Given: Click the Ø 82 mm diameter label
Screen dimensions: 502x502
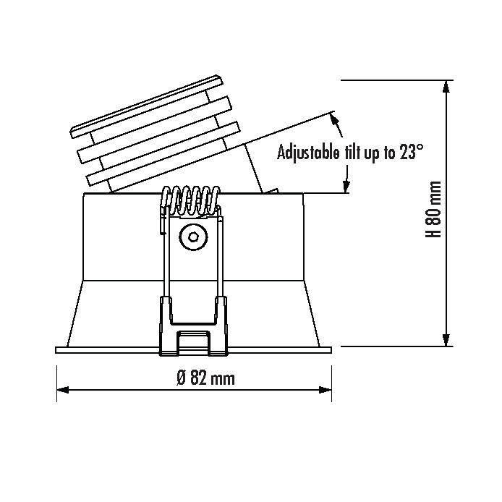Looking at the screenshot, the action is (205, 378).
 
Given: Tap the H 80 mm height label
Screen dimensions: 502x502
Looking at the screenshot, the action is (433, 209).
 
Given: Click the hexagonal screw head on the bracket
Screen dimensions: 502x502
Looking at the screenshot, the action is (193, 237).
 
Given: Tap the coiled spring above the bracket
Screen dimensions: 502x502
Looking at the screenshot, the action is (191, 201).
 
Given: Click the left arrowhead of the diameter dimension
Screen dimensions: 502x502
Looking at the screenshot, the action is (63, 390).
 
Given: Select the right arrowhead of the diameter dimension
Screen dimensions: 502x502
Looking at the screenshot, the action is (326, 390).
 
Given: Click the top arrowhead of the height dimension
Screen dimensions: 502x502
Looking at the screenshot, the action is (446, 87).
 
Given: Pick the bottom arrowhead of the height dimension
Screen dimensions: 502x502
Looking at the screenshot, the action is (446, 340).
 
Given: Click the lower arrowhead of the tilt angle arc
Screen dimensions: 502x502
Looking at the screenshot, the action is (346, 187).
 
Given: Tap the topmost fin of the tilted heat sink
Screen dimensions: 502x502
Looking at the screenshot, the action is (146, 106).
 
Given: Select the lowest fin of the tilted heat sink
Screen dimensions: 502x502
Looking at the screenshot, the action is (163, 154).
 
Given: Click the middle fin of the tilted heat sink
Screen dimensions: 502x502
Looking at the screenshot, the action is (154, 129).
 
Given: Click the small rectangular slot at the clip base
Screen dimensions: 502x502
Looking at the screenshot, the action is (194, 343).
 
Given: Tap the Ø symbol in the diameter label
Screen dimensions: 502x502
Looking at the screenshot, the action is (182, 378).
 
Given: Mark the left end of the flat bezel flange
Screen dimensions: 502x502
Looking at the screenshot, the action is (56, 350).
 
